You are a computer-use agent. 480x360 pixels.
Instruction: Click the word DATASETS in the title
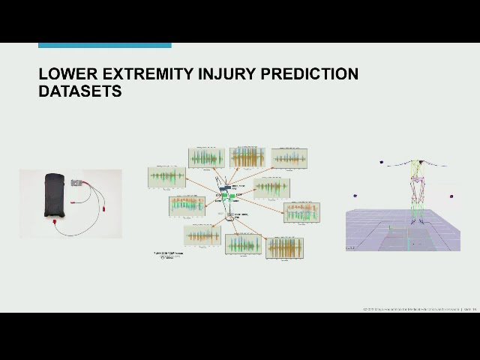pyautogui.click(x=79, y=91)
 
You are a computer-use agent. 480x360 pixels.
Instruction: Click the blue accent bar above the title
pyautogui.click(x=104, y=45)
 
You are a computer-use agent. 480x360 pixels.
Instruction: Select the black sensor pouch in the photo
pyautogui.click(x=55, y=196)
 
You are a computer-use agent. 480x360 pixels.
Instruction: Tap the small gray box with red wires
pyautogui.click(x=77, y=182)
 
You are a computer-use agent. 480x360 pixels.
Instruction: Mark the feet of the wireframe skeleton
pyautogui.click(x=415, y=222)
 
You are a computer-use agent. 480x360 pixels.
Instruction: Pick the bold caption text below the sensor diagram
pyautogui.click(x=168, y=253)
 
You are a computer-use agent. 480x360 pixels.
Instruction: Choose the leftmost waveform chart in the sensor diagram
pyautogui.click(x=166, y=178)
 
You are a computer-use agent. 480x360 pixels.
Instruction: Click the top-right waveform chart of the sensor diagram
pyautogui.click(x=289, y=157)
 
